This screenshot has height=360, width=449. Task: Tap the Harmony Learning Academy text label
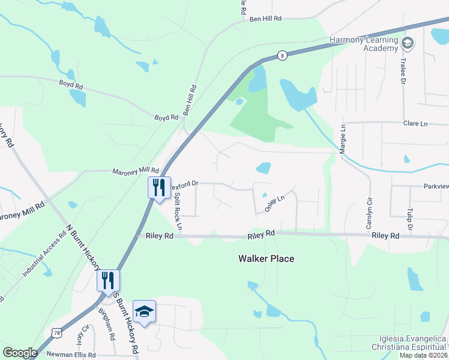pyautogui.click(x=364, y=44)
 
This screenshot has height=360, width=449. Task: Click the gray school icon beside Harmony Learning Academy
pyautogui.click(x=408, y=43)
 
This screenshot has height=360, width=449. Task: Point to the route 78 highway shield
pyautogui.click(x=56, y=332)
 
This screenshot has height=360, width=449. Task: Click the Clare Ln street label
pyautogui.click(x=415, y=124)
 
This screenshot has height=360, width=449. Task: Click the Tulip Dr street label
pyautogui.click(x=410, y=219)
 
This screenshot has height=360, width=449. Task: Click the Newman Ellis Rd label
pyautogui.click(x=71, y=355)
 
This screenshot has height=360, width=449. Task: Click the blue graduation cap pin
pyautogui.click(x=144, y=311)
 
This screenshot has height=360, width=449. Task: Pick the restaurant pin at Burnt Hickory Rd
pyautogui.click(x=108, y=280)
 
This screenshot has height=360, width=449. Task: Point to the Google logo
pyautogui.click(x=20, y=353)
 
